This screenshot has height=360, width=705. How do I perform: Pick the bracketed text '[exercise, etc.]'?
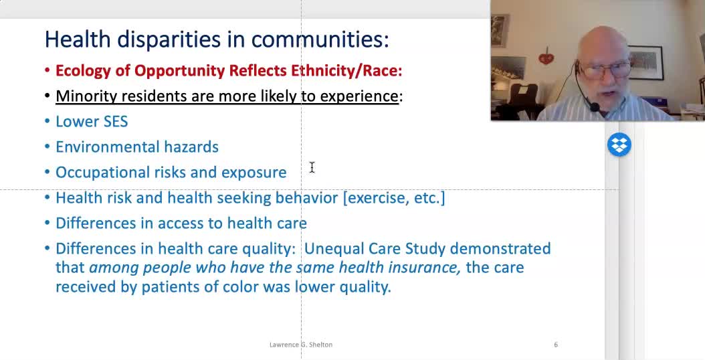tap(394, 198)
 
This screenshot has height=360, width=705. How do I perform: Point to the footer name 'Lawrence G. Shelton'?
tap(301, 345)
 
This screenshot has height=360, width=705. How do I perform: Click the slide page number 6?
tap(556, 345)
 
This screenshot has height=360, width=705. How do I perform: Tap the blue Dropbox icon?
tap(619, 145)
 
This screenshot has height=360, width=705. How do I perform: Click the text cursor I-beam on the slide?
tap(312, 167)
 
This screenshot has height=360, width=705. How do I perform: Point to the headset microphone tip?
tap(595, 108)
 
